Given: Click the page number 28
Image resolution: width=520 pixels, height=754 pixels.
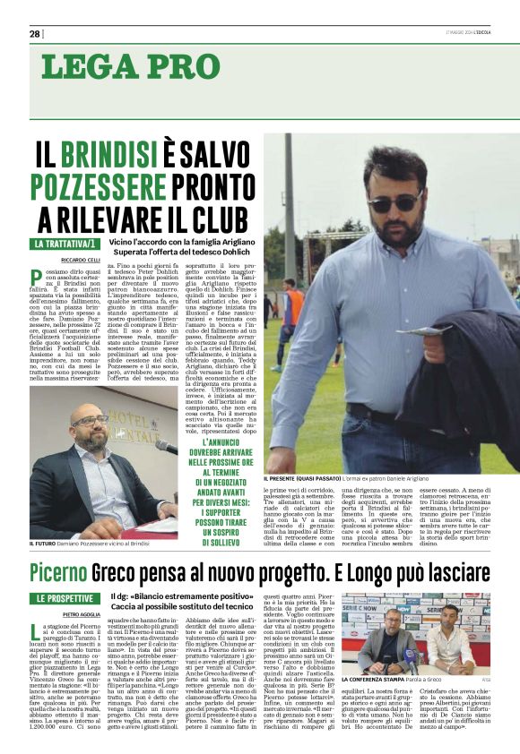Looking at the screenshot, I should pos(34,34).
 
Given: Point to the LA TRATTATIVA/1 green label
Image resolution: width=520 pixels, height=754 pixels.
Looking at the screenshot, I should pos(65,244).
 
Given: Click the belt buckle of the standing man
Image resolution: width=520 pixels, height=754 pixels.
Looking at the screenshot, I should pos(377,420).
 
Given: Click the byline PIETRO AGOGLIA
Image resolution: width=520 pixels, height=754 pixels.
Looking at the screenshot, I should pos(56,615).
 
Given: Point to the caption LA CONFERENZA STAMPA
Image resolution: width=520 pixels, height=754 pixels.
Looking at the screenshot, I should pos(375,680).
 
